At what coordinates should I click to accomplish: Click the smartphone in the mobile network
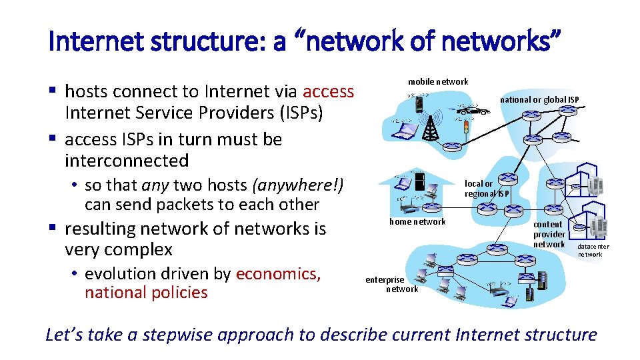[419, 103]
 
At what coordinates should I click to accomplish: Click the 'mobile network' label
[438, 81]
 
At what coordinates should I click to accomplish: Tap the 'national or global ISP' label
[539, 100]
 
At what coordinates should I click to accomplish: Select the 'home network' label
[417, 221]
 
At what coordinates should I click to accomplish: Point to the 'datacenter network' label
[593, 250]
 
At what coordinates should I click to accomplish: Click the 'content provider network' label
[549, 235]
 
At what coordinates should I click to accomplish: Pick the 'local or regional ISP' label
[487, 189]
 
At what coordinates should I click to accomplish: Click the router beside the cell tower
[454, 145]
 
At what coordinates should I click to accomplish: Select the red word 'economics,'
[278, 274]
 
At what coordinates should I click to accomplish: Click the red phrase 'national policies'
[146, 292]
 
